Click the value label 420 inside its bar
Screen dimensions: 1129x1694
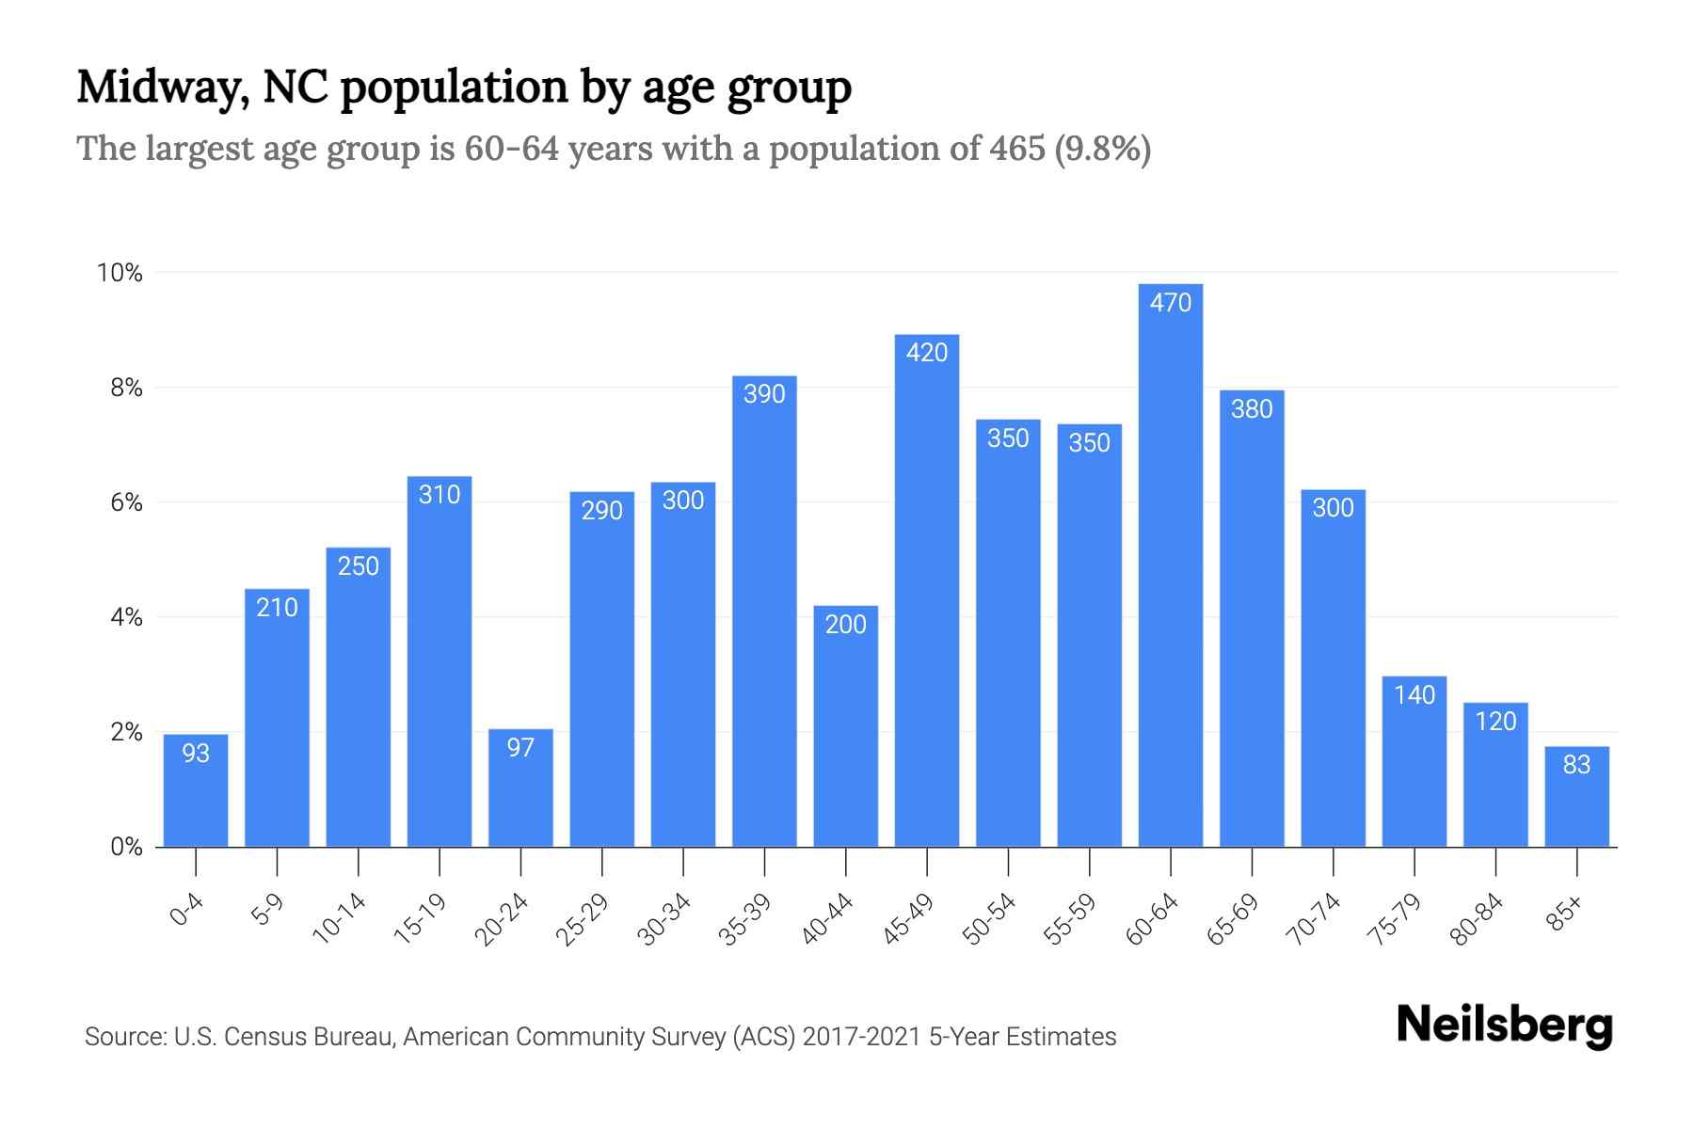tap(927, 353)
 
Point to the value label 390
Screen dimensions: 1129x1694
tap(764, 394)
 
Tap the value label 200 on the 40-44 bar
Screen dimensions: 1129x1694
tap(845, 625)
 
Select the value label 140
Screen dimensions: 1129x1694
tap(1414, 695)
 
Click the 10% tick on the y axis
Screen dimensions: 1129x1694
tap(120, 273)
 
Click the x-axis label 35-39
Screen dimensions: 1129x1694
tap(745, 918)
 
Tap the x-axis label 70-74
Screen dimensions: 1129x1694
tap(1314, 918)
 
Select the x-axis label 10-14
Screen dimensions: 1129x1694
tap(339, 918)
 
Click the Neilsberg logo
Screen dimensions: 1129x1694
tap(1504, 1026)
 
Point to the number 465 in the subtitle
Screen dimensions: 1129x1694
tap(1017, 149)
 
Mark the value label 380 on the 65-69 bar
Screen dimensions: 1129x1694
tap(1252, 409)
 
